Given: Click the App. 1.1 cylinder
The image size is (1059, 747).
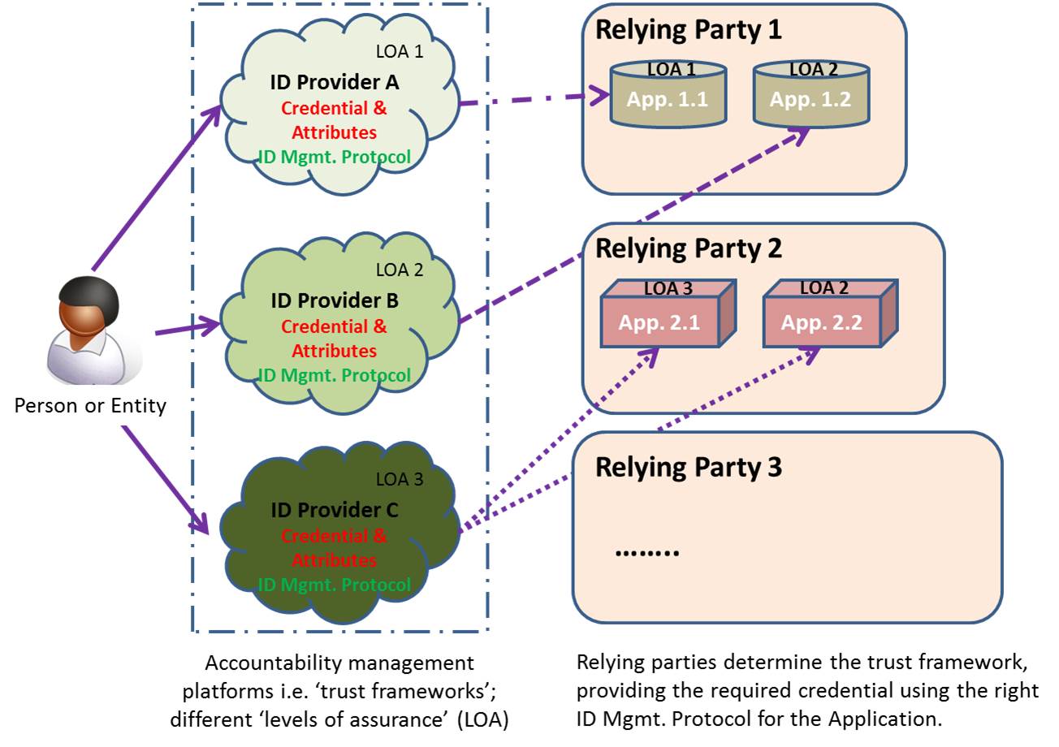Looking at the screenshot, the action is coord(668,94).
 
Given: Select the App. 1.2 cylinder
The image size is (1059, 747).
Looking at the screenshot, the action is coord(811,94).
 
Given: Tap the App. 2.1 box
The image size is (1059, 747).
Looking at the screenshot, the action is coord(668,313).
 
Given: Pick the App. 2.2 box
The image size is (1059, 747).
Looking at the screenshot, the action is coord(830,313).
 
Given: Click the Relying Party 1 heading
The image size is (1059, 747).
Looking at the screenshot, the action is coord(689,30).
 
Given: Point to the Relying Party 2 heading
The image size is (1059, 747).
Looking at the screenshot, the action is coord(689,249).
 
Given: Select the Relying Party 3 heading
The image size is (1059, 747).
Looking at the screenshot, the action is coord(689,468).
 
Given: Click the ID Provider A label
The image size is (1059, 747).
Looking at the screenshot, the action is coord(335,82).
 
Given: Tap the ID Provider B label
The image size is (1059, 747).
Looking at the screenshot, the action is coord(335,300).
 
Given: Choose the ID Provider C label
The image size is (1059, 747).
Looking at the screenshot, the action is coord(335,510).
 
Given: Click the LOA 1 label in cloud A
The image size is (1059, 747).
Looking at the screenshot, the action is coord(400,51).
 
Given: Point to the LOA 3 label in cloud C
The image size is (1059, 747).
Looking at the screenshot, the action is coord(400,479).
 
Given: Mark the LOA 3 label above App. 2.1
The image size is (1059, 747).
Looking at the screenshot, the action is coord(668,288).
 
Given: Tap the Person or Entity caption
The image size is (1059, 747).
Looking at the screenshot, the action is coord(90,406).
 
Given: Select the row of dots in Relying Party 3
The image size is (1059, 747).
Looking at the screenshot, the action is coord(646,552).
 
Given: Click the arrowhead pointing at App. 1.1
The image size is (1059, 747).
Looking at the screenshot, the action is coord(600,95).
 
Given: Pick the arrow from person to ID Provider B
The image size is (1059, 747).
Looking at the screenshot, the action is coord(188,327).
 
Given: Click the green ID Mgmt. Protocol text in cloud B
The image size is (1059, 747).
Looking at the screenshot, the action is coord(335,375).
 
